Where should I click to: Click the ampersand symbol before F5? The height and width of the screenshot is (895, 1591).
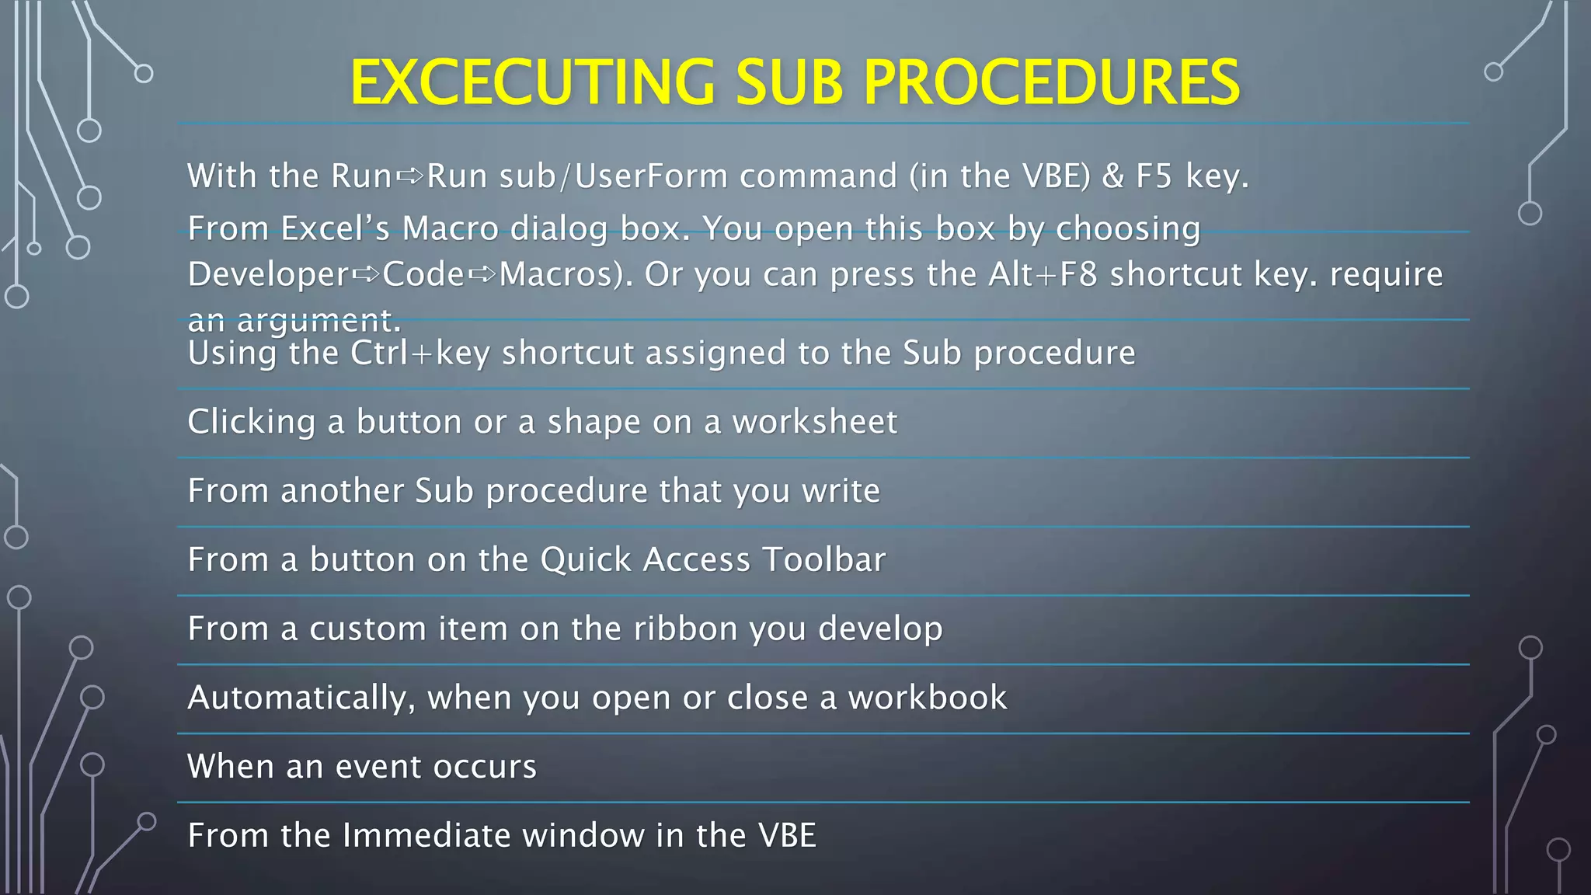tap(1113, 176)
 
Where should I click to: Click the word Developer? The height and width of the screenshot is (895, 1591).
tap(269, 275)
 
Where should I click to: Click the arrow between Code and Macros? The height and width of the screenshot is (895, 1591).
tap(482, 275)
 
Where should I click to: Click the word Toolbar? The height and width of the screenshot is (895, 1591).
tap(823, 560)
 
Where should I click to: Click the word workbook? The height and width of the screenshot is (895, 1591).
tap(928, 698)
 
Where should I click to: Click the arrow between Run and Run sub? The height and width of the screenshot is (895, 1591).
tap(409, 177)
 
